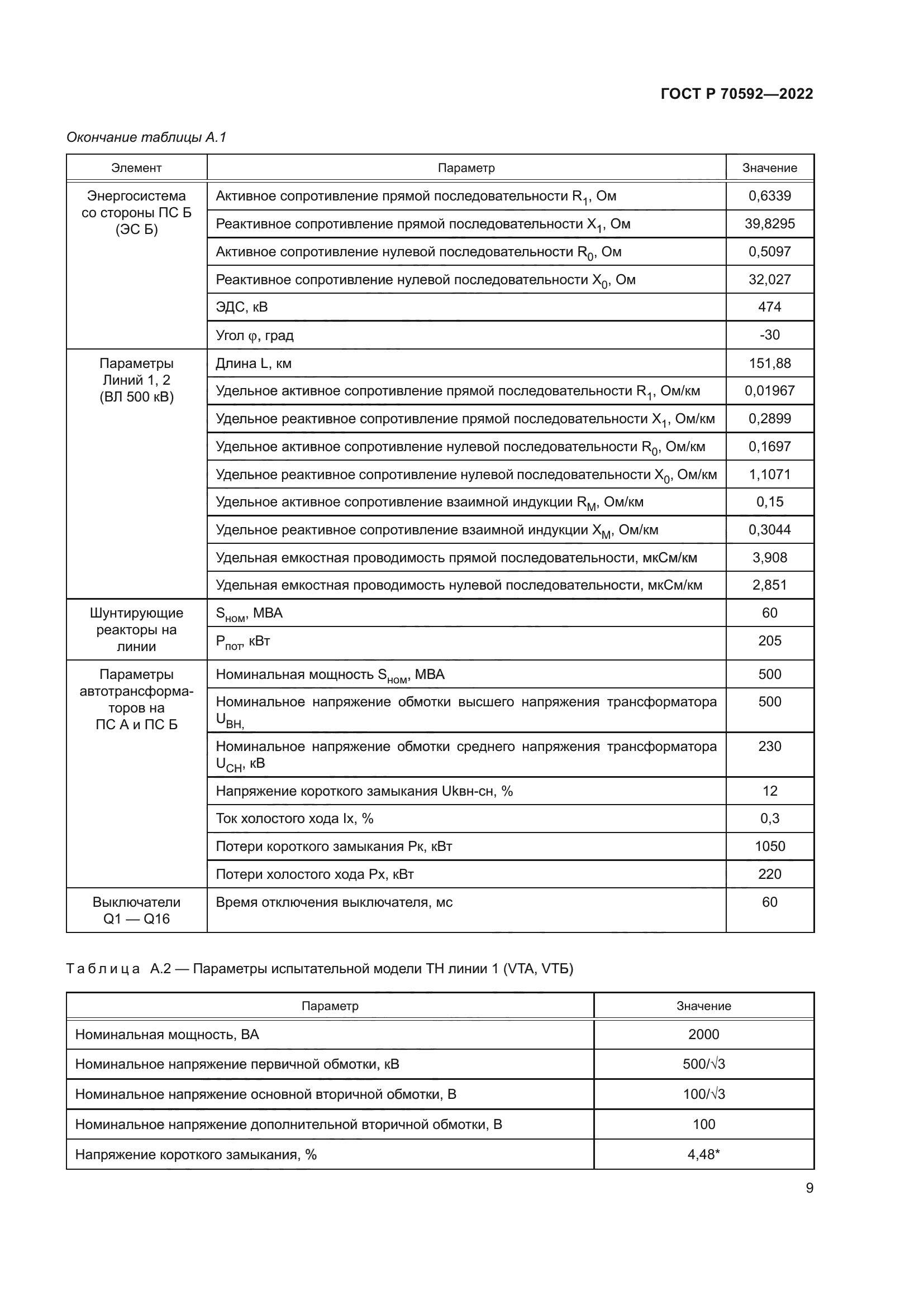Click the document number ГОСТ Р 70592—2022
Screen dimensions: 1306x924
[736, 94]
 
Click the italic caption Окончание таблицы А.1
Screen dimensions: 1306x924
[146, 137]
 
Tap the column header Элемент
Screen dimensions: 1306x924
[136, 168]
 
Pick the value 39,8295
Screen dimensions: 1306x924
[769, 223]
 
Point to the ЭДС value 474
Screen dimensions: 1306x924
[769, 307]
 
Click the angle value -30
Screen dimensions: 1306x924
[769, 335]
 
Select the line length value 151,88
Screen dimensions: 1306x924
[769, 363]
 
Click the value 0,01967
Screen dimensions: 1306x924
[769, 391]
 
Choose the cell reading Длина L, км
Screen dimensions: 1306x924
[253, 363]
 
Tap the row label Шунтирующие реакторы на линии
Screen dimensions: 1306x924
[136, 630]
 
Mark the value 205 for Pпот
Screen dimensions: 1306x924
[769, 641]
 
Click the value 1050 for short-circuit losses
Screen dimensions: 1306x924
[769, 846]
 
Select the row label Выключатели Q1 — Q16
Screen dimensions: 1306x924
[136, 910]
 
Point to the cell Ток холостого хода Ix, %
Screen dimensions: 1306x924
[294, 819]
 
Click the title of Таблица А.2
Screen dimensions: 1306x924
[319, 969]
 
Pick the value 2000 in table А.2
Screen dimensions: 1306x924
[703, 1035]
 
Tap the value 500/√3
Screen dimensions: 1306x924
[703, 1064]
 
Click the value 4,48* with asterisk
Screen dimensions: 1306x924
[703, 1155]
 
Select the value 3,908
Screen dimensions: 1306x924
[769, 557]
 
